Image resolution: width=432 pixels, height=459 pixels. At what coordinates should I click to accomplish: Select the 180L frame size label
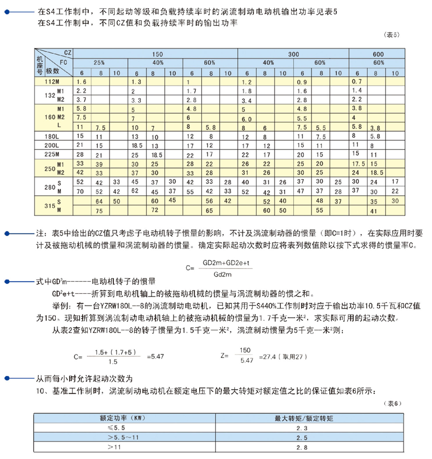(51, 136)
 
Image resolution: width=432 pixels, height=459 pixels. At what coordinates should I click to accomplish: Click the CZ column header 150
(157, 55)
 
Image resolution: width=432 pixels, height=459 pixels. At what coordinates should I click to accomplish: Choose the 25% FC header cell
(99, 63)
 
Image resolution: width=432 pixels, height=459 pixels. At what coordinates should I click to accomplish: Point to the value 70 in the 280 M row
(81, 191)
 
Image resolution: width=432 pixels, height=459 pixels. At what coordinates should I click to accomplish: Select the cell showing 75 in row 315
(99, 210)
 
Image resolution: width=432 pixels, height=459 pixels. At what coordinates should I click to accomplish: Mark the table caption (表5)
(392, 34)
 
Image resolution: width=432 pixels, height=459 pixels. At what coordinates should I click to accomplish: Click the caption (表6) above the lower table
(393, 403)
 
